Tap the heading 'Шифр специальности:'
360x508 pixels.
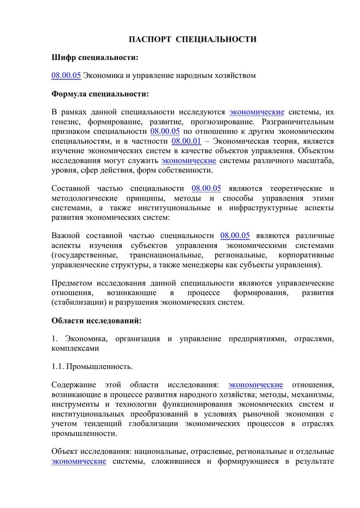(95, 58)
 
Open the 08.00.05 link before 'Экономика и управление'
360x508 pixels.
(66, 75)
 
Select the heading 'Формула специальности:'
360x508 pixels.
(100, 93)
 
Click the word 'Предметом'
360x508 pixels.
(72, 283)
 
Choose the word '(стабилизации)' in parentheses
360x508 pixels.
(77, 302)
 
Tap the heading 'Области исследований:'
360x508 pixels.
(96, 320)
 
